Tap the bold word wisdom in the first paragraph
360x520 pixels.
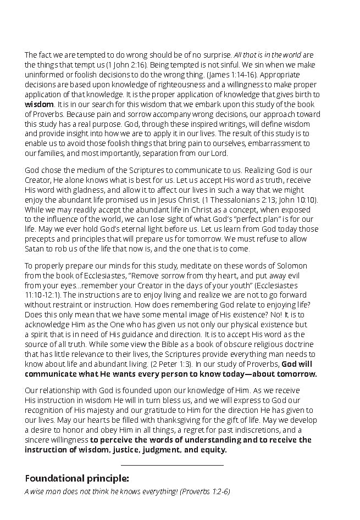39,103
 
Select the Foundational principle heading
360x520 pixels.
77,478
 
